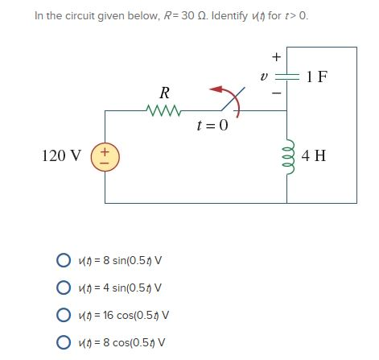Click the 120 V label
(x=64, y=155)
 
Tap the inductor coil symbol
(x=289, y=155)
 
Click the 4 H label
(x=314, y=155)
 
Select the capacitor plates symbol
(x=289, y=77)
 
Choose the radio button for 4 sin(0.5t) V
(x=63, y=287)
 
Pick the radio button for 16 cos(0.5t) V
(x=63, y=313)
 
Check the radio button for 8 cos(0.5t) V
(x=63, y=340)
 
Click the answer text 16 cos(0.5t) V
(x=123, y=313)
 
